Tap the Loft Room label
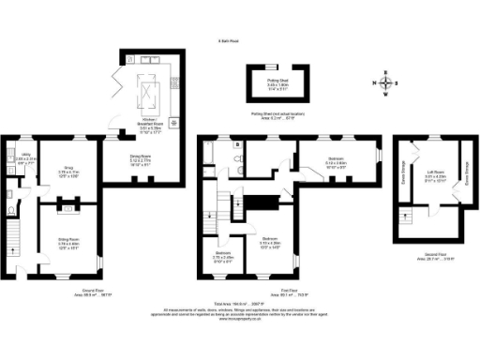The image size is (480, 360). (434, 176)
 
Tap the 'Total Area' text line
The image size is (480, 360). (239, 305)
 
